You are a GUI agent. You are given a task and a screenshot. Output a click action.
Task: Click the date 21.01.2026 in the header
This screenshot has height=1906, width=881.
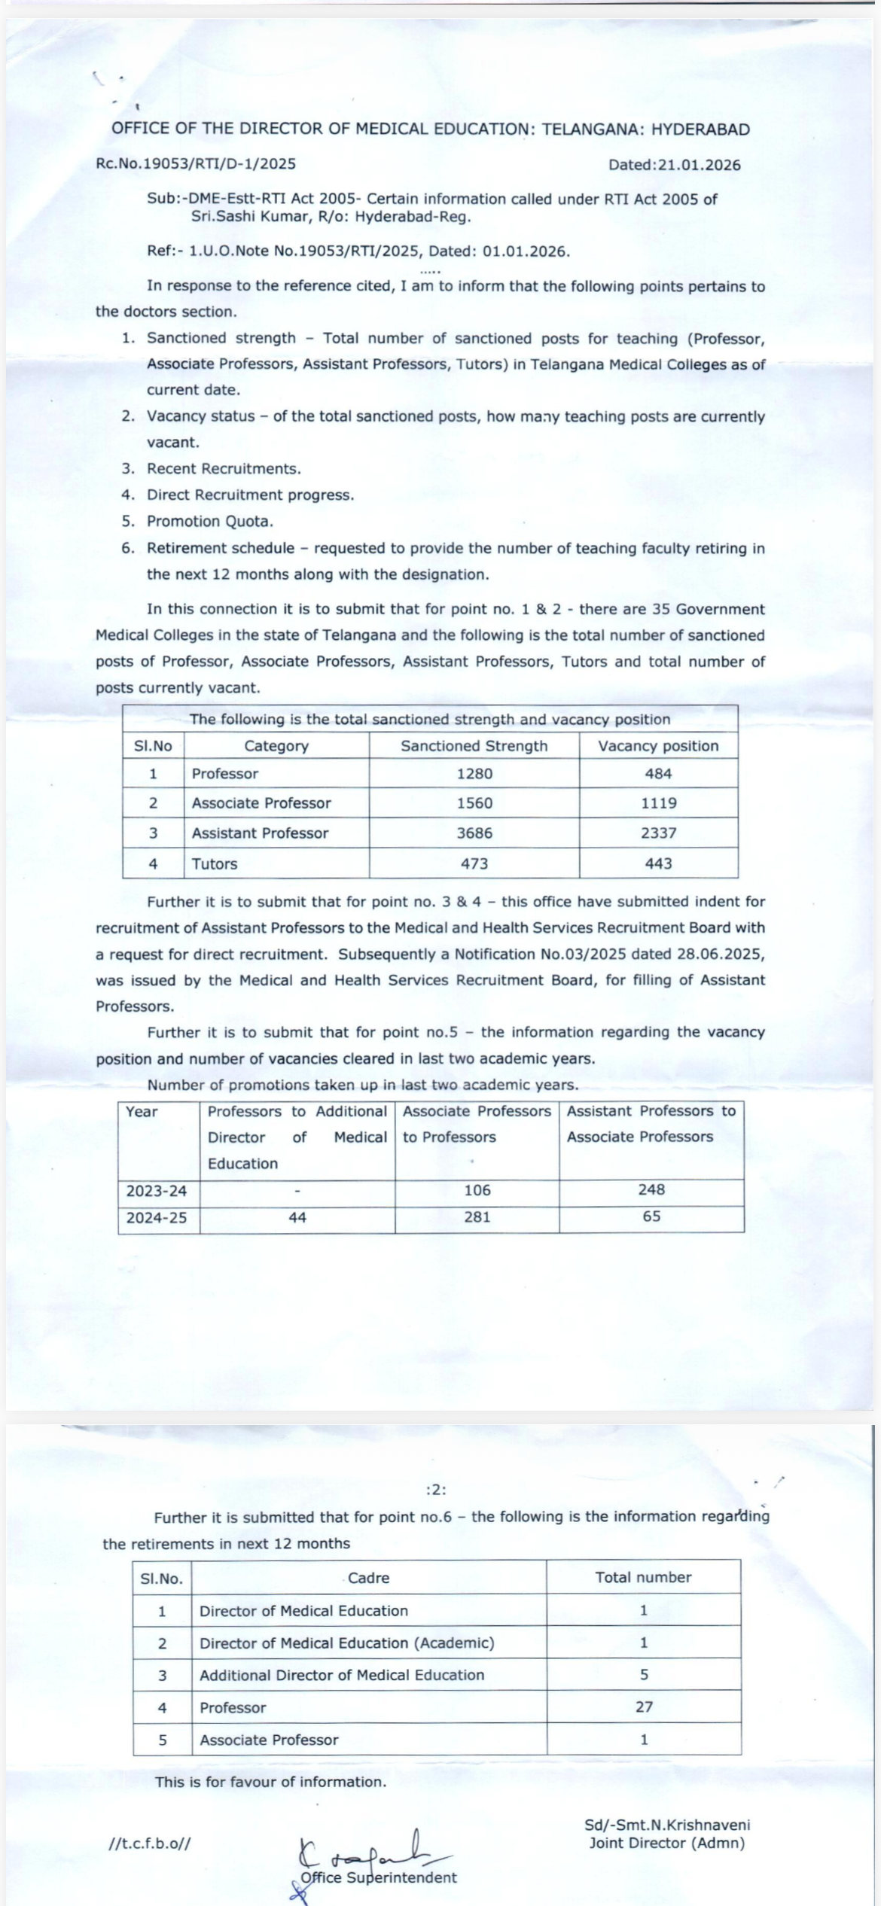tap(699, 166)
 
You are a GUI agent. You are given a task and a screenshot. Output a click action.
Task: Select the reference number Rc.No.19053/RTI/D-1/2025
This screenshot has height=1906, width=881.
tap(196, 163)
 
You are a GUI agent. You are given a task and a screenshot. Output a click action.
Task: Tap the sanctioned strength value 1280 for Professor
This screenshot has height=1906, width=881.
tap(474, 774)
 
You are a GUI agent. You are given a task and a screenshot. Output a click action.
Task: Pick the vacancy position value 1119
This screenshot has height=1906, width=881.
tap(659, 803)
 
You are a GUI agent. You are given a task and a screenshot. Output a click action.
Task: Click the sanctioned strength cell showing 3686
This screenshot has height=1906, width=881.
tap(474, 833)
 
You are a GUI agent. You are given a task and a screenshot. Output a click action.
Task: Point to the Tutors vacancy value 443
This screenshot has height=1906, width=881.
tap(659, 864)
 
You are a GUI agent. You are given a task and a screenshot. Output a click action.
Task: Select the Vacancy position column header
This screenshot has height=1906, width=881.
tap(659, 746)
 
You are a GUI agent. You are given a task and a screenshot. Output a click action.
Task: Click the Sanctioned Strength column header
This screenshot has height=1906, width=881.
tap(474, 746)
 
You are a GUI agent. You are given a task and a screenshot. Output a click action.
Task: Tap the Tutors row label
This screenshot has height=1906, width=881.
tap(215, 864)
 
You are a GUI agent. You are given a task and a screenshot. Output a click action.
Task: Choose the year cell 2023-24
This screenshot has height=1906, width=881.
tap(157, 1191)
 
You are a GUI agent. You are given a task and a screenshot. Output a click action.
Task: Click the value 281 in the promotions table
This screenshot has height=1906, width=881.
tap(477, 1217)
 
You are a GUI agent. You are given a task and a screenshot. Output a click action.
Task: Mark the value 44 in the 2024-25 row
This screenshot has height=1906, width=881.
tap(297, 1217)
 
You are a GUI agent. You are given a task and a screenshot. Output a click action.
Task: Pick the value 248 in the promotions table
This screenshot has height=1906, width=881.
tap(651, 1189)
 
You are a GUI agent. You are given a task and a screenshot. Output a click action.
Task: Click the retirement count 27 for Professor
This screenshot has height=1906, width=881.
tap(644, 1707)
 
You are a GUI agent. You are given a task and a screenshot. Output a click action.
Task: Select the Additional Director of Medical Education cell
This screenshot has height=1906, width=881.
tap(342, 1675)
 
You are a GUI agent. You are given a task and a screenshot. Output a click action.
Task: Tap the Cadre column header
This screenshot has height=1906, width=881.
tap(369, 1578)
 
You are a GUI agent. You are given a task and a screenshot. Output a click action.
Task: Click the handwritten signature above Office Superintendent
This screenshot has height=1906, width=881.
tap(369, 1850)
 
